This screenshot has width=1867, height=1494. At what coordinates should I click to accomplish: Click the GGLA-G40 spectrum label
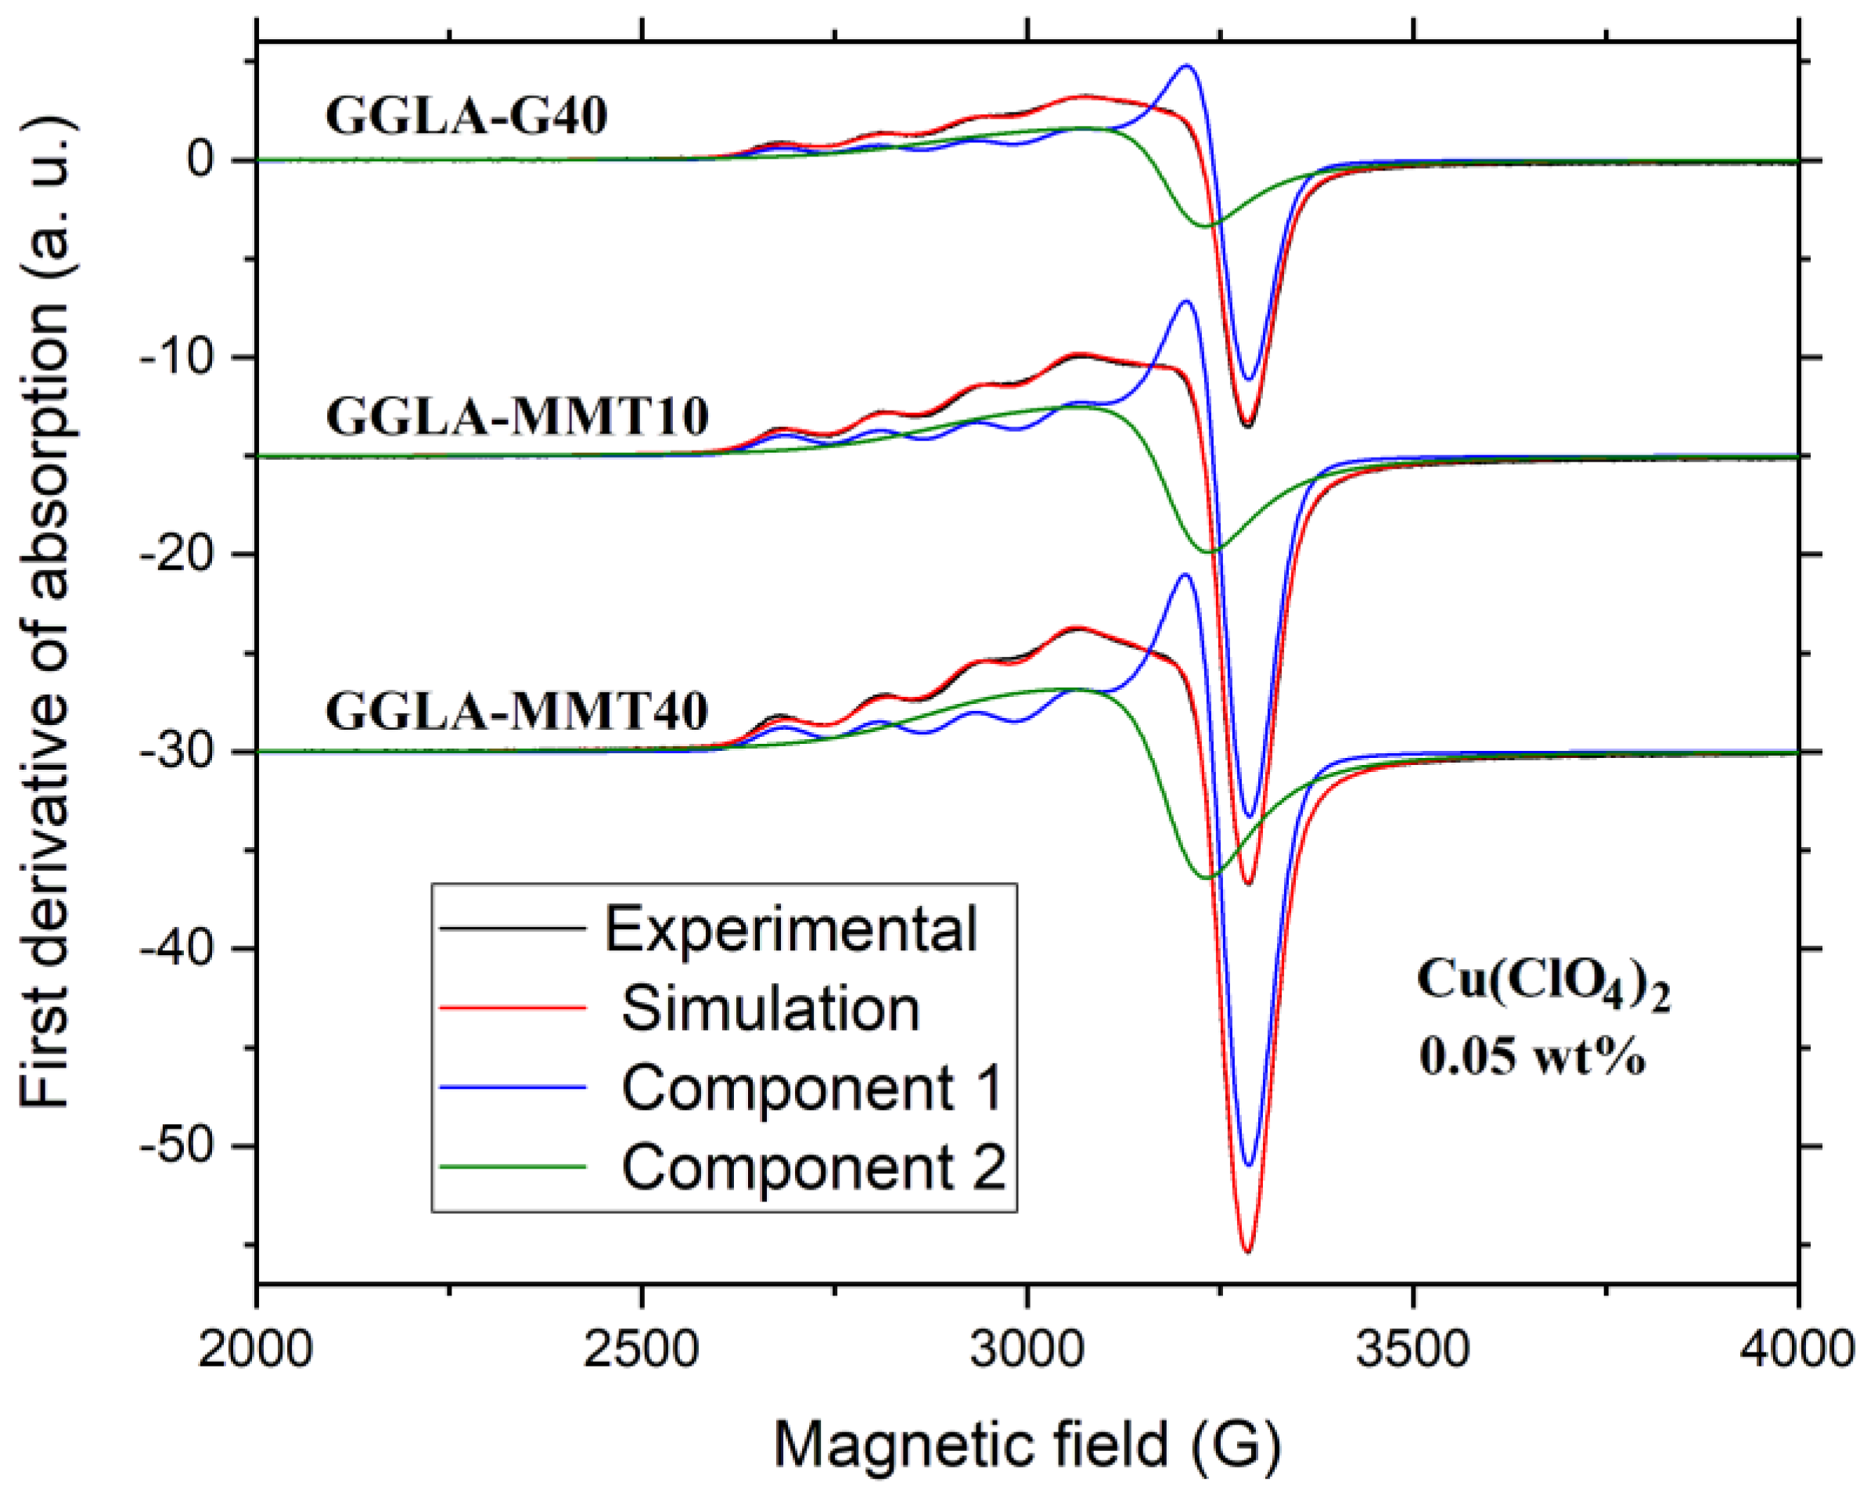[x=466, y=117]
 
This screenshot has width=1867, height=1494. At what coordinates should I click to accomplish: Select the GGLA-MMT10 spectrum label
[x=517, y=416]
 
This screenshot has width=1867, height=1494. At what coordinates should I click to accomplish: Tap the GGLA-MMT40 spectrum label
[x=517, y=713]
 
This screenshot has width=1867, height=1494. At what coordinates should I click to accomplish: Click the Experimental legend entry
[x=790, y=929]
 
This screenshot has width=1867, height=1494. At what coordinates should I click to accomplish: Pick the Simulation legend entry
[x=770, y=1009]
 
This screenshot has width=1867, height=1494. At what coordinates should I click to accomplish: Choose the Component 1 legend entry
[x=811, y=1088]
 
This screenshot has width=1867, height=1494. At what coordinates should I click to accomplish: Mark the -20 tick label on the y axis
[x=178, y=555]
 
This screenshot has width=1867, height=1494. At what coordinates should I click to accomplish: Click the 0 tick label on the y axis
[x=201, y=161]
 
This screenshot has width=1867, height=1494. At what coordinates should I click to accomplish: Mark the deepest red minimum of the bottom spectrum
[x=1248, y=1251]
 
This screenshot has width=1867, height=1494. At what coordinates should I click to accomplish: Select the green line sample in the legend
[x=513, y=1168]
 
